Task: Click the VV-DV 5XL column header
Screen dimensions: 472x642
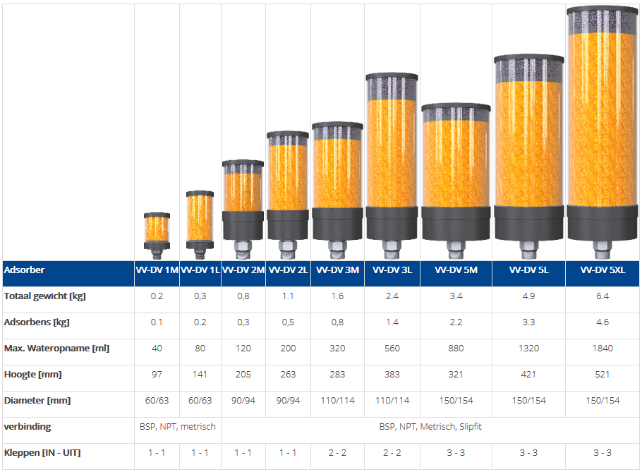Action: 602,270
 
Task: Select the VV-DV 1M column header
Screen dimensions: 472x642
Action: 157,270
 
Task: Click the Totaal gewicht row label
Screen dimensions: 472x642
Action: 44,296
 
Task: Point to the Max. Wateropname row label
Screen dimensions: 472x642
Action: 56,349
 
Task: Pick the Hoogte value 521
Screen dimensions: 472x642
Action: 602,375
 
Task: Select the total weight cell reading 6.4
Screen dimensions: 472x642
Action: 602,296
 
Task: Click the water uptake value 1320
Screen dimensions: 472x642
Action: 528,349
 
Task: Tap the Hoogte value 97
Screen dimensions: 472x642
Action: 157,375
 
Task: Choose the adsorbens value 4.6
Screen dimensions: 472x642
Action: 602,322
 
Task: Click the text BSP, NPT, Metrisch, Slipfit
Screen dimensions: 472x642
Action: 430,427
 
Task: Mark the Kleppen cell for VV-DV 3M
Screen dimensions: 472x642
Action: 338,453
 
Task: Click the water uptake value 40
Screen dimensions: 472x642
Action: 157,349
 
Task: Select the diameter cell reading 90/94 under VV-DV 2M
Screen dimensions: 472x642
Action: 243,401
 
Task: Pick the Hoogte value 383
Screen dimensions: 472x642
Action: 392,375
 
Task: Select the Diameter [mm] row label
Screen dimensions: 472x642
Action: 37,401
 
